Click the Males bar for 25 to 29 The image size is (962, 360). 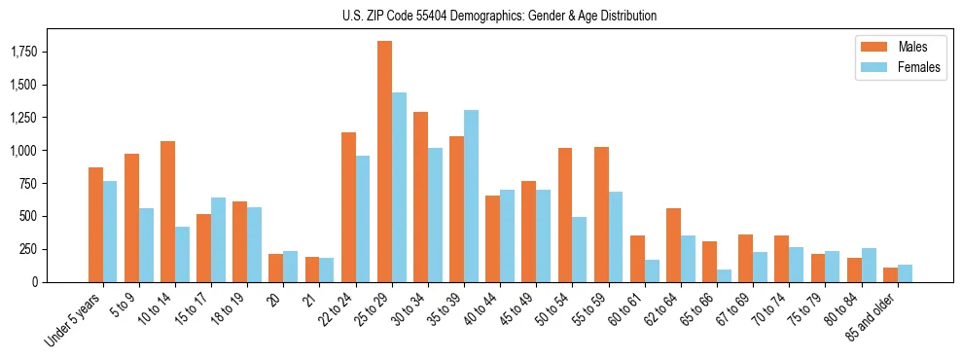(384, 162)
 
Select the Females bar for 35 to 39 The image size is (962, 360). (471, 196)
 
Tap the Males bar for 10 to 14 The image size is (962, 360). (167, 211)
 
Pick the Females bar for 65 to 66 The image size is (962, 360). (724, 275)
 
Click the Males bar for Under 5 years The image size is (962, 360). (95, 225)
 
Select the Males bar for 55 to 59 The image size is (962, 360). (601, 214)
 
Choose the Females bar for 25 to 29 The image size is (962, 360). (399, 187)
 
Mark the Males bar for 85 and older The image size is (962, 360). (890, 274)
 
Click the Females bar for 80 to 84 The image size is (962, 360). (869, 265)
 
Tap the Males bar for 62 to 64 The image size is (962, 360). (673, 245)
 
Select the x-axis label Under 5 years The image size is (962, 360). (73, 321)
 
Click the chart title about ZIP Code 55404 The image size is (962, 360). (499, 16)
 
